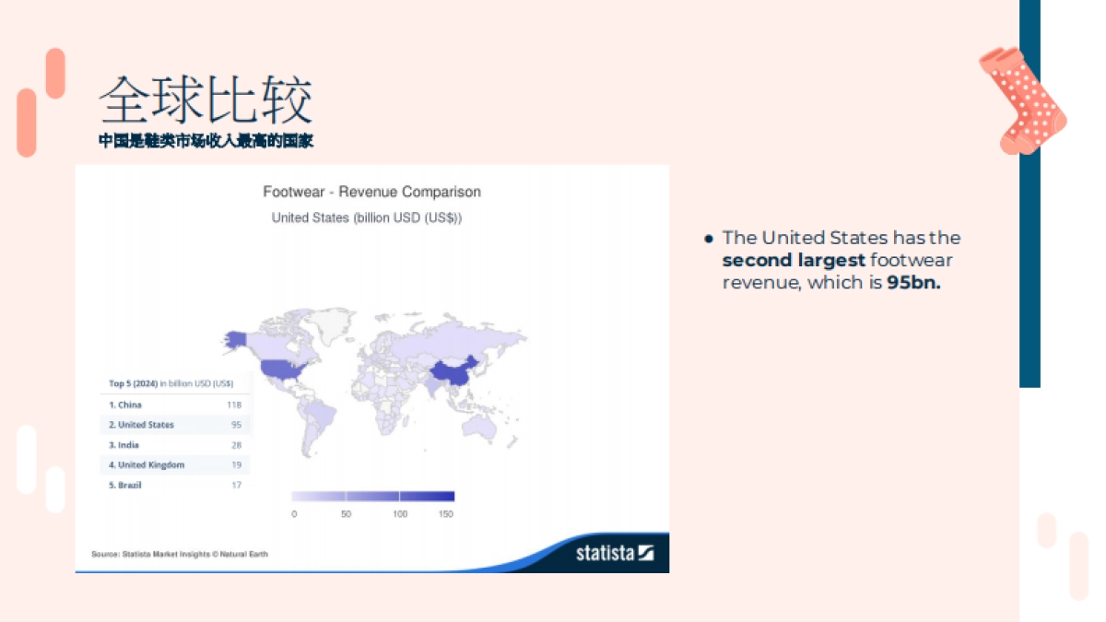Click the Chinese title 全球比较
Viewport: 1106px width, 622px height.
coord(206,100)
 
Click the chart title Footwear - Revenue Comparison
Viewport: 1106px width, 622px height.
coord(371,192)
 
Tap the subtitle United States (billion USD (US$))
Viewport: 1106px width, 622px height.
coord(366,217)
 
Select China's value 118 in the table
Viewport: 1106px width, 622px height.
coord(233,405)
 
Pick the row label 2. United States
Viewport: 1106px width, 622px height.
coord(141,425)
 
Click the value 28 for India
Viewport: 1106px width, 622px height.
coord(236,445)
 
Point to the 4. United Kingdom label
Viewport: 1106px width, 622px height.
coord(147,465)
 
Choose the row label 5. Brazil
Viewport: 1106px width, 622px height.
coord(125,486)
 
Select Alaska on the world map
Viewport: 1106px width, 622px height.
coord(235,340)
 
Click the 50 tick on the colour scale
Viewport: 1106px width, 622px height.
coord(346,514)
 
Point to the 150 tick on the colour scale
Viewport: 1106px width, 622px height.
coord(446,514)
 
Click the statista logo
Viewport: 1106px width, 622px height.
coord(614,553)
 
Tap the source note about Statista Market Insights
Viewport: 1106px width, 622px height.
coord(180,554)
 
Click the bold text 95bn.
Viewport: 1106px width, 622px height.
coord(913,283)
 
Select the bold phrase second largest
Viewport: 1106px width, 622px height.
coord(794,261)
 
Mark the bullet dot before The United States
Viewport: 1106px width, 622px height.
coord(709,239)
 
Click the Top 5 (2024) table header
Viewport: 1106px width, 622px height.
coord(171,383)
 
